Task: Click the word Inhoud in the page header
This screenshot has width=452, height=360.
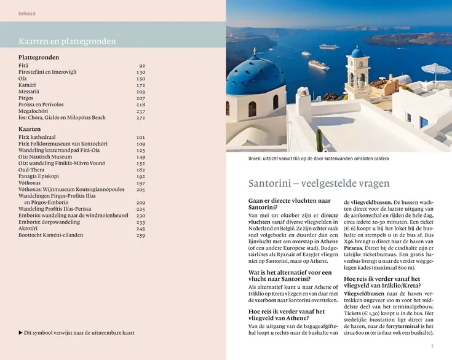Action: coord(27,13)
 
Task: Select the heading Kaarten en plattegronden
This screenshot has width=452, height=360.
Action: coord(67,42)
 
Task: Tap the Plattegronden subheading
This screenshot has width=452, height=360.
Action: coord(39,57)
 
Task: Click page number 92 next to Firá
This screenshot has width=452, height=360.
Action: coord(142,66)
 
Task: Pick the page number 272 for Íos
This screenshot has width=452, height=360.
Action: coord(141,118)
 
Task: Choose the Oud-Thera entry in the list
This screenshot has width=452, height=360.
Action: coord(32,170)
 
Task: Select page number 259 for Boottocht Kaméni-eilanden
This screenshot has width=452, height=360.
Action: coord(141,235)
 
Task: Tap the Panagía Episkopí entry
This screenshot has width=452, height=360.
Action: coord(38,176)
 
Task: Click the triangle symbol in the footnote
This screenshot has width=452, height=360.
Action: coord(20,333)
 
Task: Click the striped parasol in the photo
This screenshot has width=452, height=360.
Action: coord(435,69)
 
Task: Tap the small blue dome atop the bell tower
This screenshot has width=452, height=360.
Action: coord(357,53)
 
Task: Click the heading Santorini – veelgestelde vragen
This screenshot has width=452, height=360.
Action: coord(319,183)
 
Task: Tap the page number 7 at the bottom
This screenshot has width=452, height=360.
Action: coord(432,346)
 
